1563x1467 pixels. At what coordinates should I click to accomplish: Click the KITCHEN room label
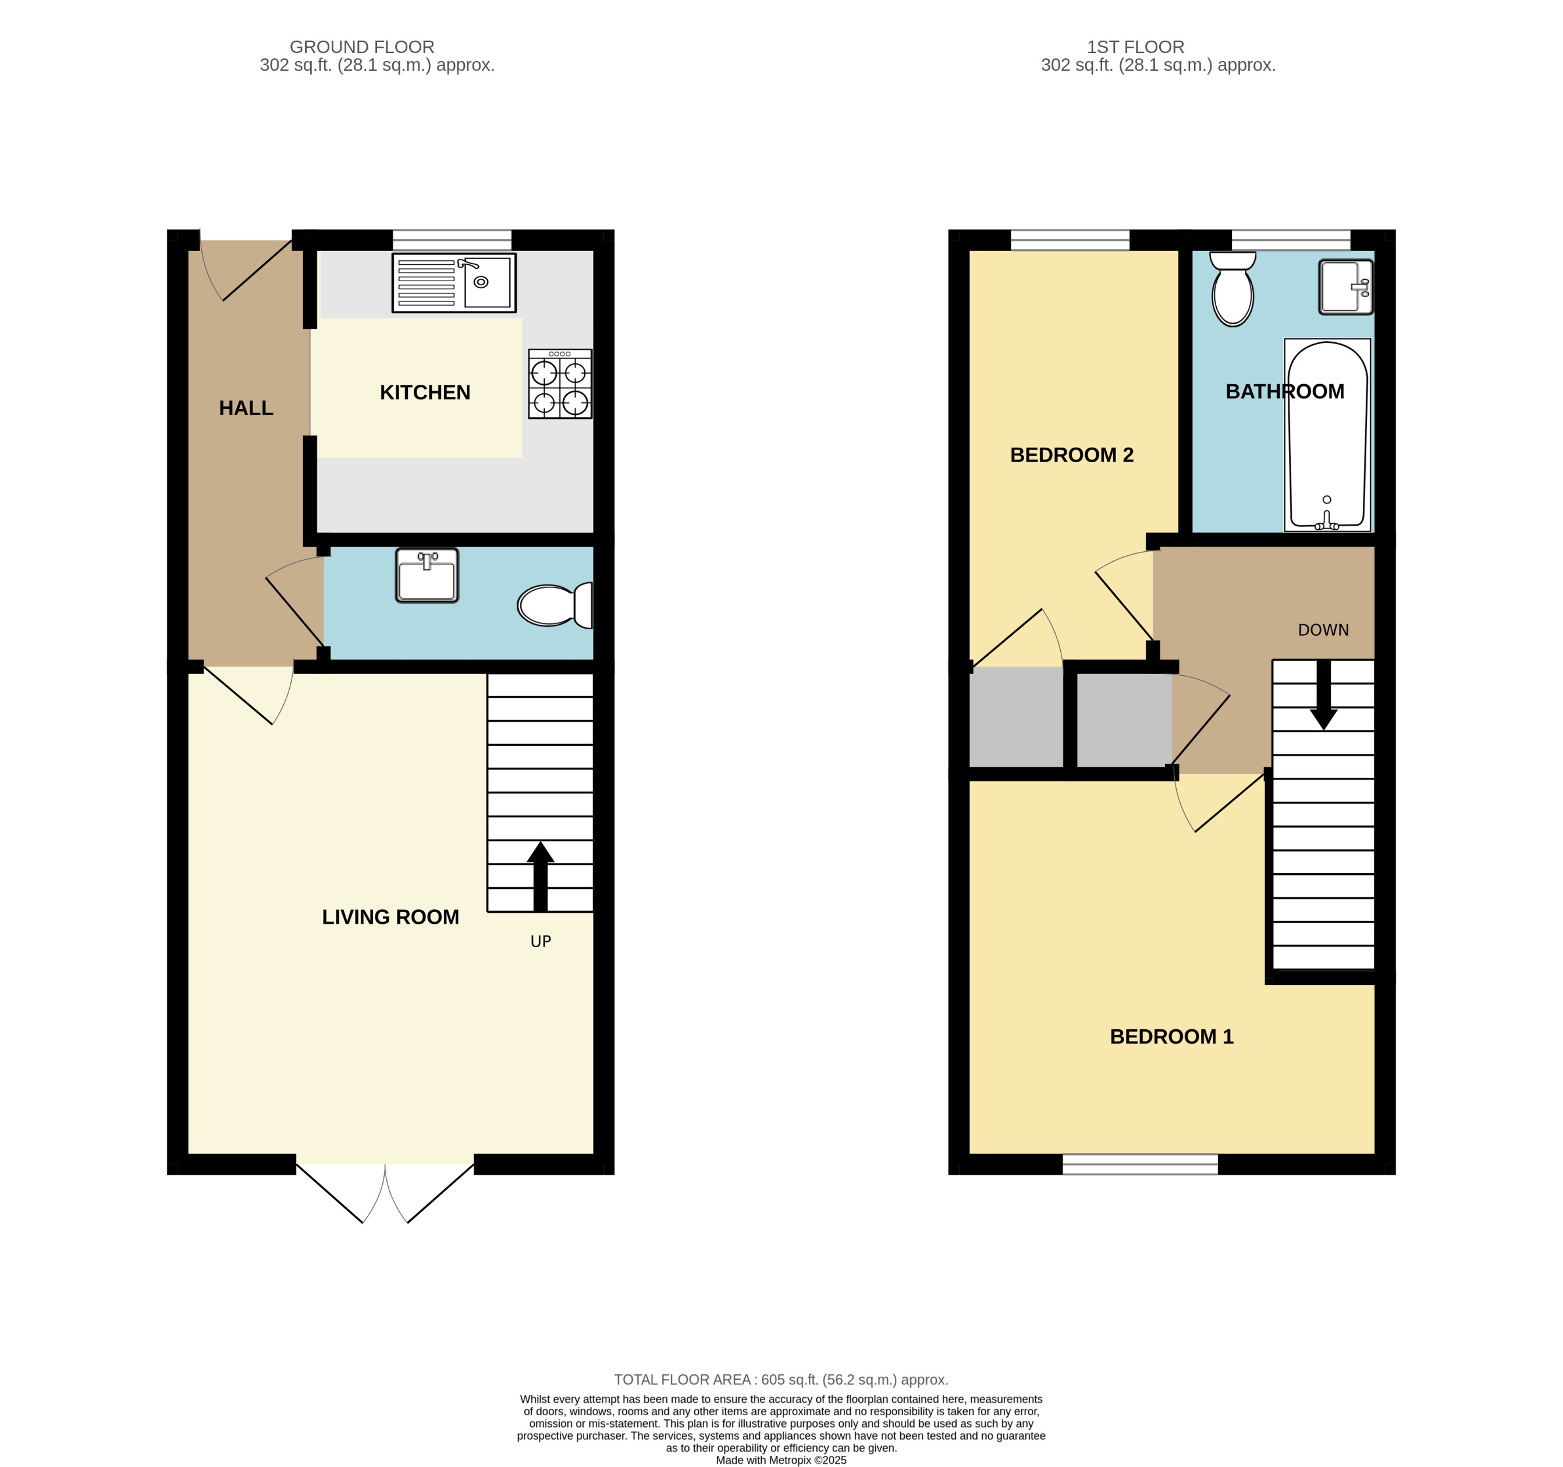425,392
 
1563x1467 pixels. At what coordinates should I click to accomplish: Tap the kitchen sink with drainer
454,282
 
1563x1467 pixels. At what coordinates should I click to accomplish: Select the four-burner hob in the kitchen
560,384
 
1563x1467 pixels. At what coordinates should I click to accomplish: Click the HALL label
246,408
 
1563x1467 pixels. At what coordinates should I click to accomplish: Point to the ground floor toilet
553,605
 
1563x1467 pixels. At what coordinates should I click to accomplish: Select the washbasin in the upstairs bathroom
1345,287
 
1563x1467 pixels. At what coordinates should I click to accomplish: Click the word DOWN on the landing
1323,630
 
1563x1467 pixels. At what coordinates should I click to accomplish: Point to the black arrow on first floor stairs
1323,695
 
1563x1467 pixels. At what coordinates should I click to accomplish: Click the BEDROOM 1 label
1171,1037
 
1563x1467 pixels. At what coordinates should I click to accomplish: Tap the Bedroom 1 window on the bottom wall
1139,1164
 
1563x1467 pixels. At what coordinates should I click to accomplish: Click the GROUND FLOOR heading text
362,47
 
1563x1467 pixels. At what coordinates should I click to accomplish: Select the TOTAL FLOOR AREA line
781,1380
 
